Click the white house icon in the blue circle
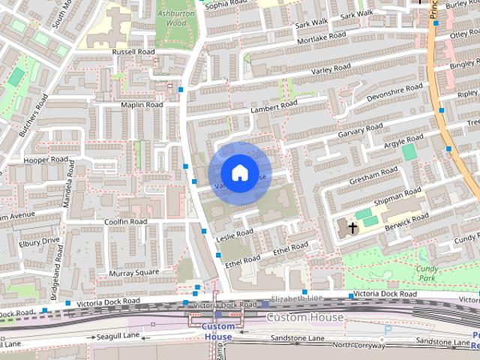[x=239, y=173]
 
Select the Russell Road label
[x=133, y=52]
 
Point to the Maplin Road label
[x=142, y=105]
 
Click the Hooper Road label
[x=46, y=160]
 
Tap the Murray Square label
[x=134, y=272]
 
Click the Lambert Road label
[x=274, y=109]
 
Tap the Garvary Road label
[x=360, y=131]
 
